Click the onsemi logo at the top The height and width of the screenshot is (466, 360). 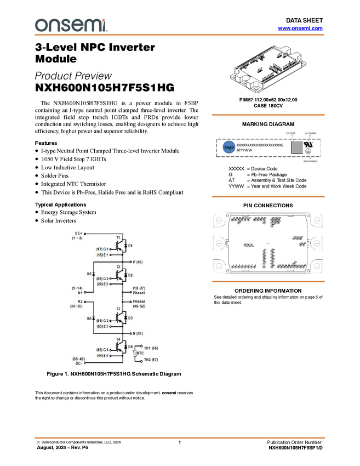click(71, 25)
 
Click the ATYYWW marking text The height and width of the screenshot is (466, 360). click(244, 150)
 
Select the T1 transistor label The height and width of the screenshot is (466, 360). click(118, 237)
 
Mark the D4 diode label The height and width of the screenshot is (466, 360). click(130, 346)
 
